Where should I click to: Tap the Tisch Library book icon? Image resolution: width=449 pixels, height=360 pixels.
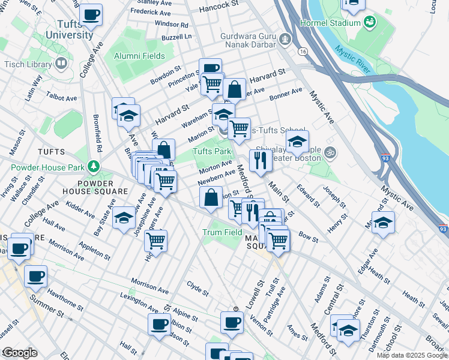click(61, 63)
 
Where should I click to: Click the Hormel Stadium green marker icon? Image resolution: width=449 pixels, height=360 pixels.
click(370, 23)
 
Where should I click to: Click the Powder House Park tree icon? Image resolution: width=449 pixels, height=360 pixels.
click(93, 165)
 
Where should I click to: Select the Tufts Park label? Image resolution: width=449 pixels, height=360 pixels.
click(212, 152)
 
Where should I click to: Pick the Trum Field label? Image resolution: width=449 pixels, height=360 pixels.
click(222, 232)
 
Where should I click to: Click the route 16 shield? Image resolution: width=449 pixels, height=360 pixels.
click(303, 52)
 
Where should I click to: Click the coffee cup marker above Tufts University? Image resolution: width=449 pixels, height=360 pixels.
click(91, 14)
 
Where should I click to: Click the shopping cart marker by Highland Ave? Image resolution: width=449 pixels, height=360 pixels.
click(156, 241)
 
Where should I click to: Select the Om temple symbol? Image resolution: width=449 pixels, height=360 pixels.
click(328, 154)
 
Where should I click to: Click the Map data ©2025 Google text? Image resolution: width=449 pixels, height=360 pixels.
click(412, 355)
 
